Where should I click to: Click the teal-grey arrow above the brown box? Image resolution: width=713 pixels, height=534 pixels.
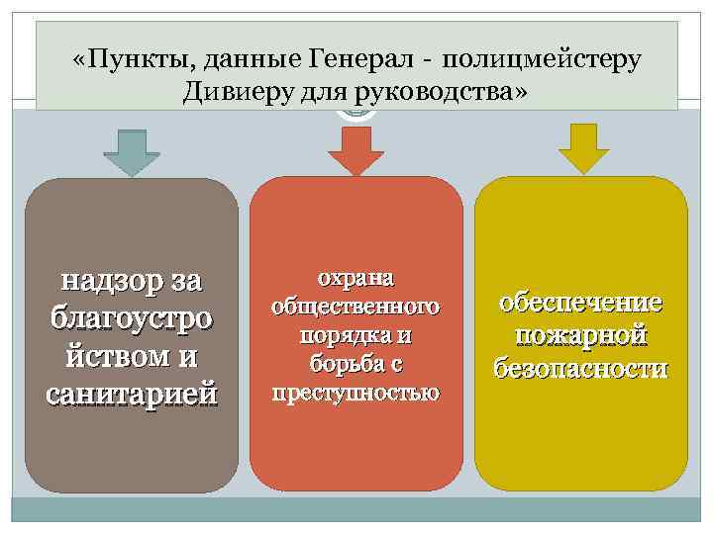tap(132, 152)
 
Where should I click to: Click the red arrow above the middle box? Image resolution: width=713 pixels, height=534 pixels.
tap(356, 152)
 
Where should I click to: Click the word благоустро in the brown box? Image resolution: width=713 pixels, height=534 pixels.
tap(132, 318)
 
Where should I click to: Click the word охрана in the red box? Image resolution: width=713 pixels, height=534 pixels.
tap(356, 277)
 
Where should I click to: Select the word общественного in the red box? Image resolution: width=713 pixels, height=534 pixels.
tap(356, 307)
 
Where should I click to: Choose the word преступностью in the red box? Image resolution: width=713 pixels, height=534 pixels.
tap(356, 393)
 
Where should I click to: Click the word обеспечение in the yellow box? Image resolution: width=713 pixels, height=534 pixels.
tap(581, 303)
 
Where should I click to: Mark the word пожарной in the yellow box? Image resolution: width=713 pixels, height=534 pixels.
tap(581, 335)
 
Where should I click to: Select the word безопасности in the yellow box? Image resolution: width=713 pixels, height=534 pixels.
tap(581, 368)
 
